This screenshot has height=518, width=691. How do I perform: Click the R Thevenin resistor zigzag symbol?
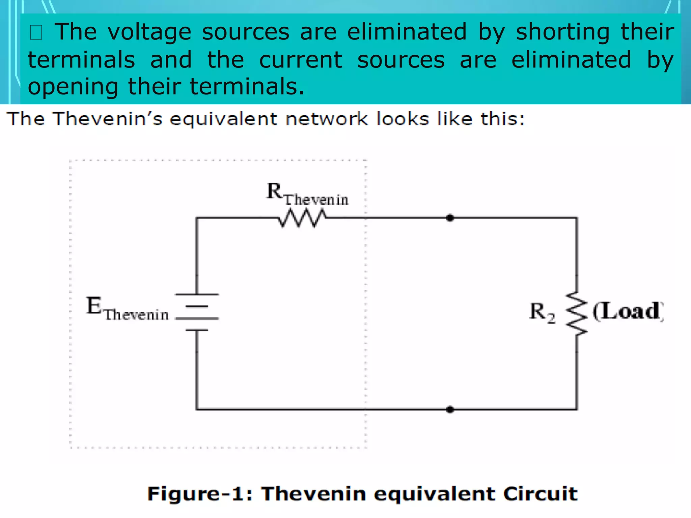302,218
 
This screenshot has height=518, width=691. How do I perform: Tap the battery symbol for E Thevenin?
197,312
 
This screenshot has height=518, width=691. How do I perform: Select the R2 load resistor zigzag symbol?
576,314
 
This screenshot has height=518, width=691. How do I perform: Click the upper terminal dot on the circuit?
450,218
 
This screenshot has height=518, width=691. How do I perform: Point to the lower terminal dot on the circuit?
450,409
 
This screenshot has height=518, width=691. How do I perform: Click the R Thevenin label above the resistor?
307,194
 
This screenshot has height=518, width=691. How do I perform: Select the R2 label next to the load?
542,312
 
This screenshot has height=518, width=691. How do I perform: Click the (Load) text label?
628,311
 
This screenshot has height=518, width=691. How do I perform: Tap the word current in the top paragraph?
301,60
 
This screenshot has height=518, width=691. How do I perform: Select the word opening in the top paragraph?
73,87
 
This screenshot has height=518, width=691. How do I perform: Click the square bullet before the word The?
36,33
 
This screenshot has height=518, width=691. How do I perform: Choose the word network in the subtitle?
327,119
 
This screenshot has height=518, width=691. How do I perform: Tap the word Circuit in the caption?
540,494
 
